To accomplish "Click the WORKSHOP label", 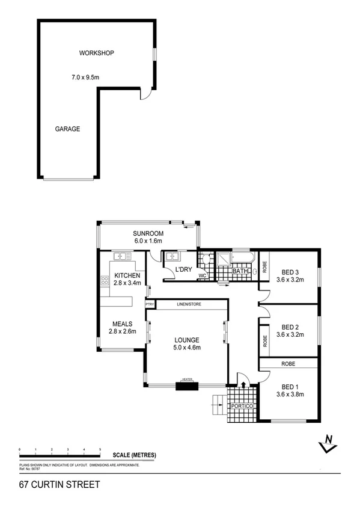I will click(x=97, y=53).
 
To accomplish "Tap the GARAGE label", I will click(x=67, y=129).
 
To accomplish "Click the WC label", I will click(x=202, y=276).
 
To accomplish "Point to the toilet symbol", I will click(x=206, y=260).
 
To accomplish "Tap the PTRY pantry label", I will click(x=150, y=304).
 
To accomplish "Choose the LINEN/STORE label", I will click(x=189, y=304).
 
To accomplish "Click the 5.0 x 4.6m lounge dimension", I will click(x=187, y=348).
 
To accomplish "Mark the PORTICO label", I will click(x=243, y=407).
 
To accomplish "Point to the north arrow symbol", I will click(x=328, y=443).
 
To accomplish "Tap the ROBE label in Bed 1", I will click(x=288, y=363).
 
